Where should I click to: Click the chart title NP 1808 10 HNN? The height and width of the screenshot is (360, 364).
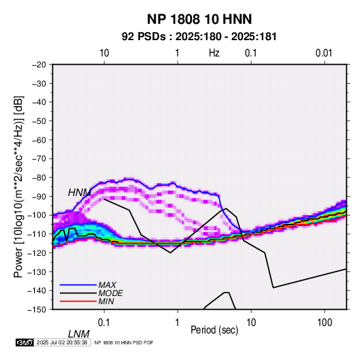click(x=199, y=19)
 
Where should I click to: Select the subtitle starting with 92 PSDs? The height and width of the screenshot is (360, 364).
click(x=199, y=37)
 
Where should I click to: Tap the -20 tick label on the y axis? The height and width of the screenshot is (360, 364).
click(x=39, y=65)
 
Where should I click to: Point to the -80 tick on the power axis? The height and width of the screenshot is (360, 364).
click(x=39, y=178)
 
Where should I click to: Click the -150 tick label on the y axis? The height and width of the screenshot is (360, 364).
click(x=37, y=310)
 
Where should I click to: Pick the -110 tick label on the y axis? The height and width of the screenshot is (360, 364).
click(x=37, y=234)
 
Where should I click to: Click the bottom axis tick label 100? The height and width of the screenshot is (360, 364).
click(x=325, y=323)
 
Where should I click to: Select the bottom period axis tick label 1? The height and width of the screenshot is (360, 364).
click(x=178, y=323)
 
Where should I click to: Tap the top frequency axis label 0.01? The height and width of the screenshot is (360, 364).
click(x=324, y=53)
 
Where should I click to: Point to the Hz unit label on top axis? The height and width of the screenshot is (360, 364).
click(x=214, y=53)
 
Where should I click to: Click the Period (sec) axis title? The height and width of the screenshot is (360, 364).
click(x=214, y=330)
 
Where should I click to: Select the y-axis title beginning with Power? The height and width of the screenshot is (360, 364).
click(x=18, y=187)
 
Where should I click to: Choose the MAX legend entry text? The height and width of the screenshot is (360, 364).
click(x=107, y=285)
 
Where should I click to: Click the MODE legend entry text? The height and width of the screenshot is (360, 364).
click(x=110, y=293)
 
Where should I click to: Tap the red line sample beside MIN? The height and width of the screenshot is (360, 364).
click(x=78, y=301)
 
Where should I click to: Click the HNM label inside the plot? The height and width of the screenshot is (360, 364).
click(x=80, y=193)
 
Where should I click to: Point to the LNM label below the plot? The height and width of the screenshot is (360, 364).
click(x=78, y=334)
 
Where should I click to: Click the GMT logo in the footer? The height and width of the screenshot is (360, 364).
click(x=24, y=342)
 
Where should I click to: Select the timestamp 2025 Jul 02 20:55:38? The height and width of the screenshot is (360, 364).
click(x=62, y=342)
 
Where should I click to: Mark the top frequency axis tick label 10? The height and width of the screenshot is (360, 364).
click(x=104, y=53)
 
